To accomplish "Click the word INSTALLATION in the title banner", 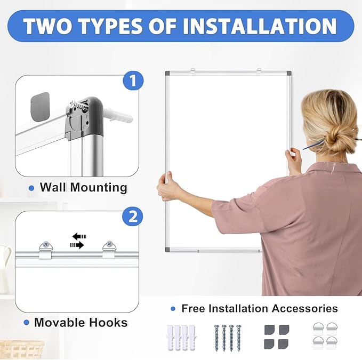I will tap(260, 26).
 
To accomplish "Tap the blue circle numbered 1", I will tap(133, 81).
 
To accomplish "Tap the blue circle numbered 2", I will tap(133, 217).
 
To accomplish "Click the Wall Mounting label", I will tap(83, 187).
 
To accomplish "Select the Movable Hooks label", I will tap(81, 323).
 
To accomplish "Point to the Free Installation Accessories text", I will tap(259, 308).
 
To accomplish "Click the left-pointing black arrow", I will tap(79, 236).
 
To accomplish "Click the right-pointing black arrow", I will tap(77, 245).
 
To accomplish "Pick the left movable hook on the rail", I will tap(45, 249).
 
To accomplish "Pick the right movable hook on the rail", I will tap(110, 249).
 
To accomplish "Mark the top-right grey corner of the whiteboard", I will tap(288, 74).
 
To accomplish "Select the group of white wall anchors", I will tap(179, 337).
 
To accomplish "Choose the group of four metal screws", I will tap(228, 337).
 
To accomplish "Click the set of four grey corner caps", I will tap(276, 337).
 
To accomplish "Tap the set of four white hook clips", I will tap(325, 336).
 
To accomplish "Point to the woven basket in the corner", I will tap(21, 350).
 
